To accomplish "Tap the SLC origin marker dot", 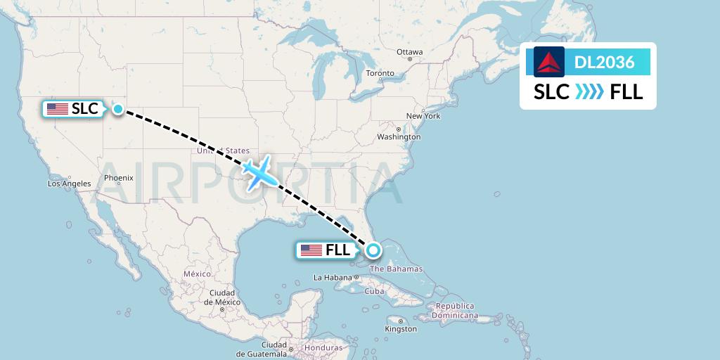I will (118, 109).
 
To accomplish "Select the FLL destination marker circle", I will (373, 250).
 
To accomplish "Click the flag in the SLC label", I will (58, 109).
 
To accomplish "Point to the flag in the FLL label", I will (311, 250).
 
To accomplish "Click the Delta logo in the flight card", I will (549, 62).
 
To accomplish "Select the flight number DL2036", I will (604, 63).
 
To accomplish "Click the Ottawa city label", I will (410, 52).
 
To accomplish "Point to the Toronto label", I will (380, 73).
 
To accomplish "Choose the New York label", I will (423, 116).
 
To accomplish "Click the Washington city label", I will (399, 136).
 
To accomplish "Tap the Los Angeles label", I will (69, 184).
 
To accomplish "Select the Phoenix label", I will (119, 178).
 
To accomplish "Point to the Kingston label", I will (401, 328).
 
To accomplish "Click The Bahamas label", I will (396, 269).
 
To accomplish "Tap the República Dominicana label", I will (455, 311).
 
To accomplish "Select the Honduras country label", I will (323, 348).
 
